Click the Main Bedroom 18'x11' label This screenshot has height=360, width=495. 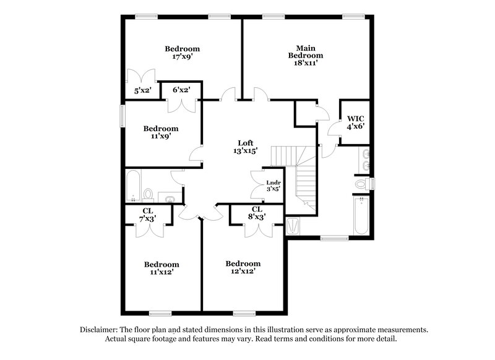tap(305, 55)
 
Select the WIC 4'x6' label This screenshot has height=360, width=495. tap(355, 122)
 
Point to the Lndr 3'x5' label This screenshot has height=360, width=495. tap(273, 185)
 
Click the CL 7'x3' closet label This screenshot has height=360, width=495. tap(148, 215)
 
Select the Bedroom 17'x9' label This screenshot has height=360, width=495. tap(182, 53)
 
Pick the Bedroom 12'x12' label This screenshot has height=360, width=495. tap(243, 267)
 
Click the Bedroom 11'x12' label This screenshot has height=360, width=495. tap(161, 268)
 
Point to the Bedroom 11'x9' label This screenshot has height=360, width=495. tap(161, 132)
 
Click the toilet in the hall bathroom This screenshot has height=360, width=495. tap(148, 195)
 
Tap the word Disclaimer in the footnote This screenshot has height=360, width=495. tap(101, 330)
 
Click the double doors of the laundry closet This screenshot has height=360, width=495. tap(257, 184)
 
